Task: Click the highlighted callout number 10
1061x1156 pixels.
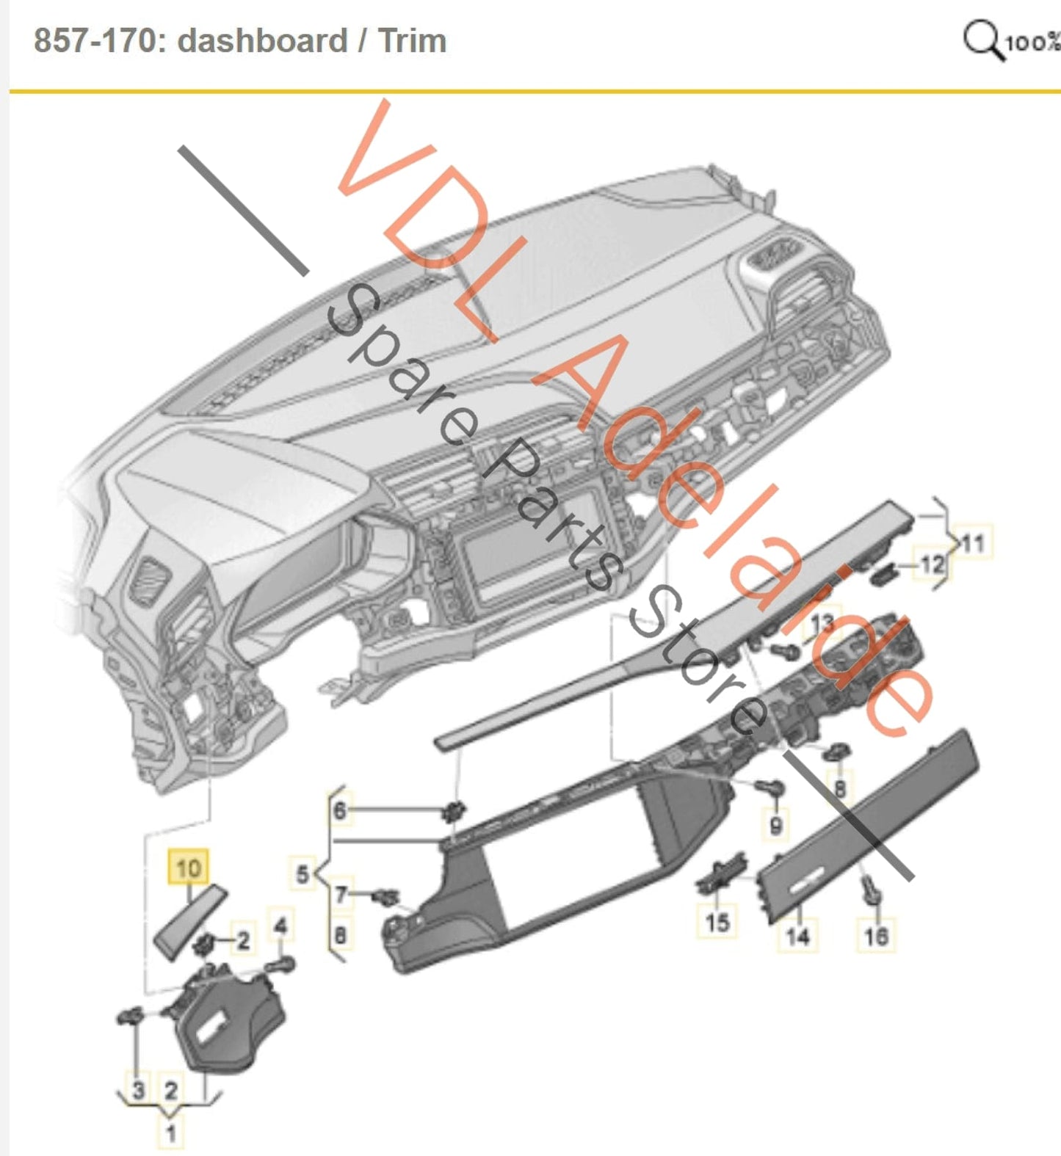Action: tap(188, 868)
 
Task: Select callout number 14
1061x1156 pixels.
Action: tap(797, 936)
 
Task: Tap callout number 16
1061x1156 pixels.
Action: tap(876, 936)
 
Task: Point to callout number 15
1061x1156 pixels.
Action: tap(717, 922)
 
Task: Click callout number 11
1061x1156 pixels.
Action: tap(972, 544)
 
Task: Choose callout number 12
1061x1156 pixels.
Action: tap(932, 564)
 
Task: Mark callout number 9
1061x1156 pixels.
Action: tap(775, 825)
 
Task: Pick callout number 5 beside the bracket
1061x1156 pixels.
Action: tap(303, 874)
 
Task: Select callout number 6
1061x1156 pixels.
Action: tap(339, 810)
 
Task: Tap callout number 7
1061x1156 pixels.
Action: tap(341, 895)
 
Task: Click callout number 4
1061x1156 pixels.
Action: tap(280, 926)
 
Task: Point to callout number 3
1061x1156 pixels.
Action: tap(138, 1089)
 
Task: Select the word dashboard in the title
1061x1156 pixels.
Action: tap(262, 40)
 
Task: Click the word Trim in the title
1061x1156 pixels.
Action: tap(412, 40)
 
